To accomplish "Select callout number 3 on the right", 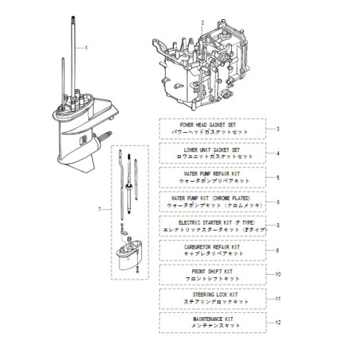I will point(276,128).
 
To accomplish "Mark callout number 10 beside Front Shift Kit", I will point(278,274).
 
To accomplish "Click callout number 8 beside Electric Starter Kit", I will point(276,225).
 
